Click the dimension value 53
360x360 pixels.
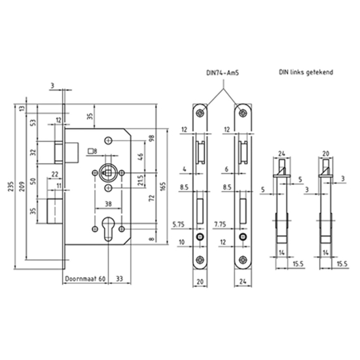(32, 123)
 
